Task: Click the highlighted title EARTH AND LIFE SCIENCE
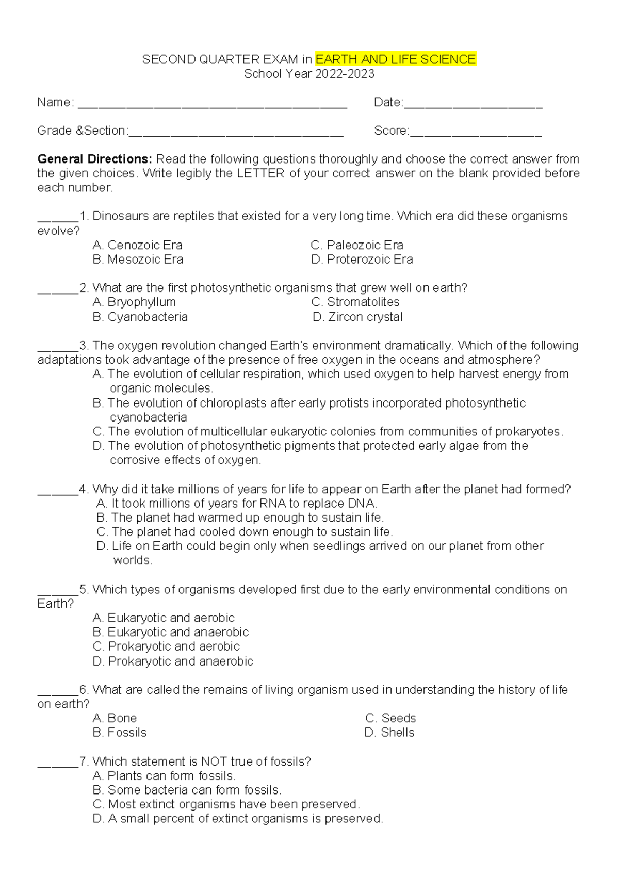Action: click(x=395, y=59)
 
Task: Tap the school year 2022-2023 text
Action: click(x=309, y=74)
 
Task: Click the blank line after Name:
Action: click(x=212, y=106)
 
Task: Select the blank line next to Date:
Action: click(x=473, y=106)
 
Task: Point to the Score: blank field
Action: click(x=475, y=134)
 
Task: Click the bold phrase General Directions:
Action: click(x=94, y=159)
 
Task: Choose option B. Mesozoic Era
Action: click(x=138, y=260)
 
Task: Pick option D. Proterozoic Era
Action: click(x=362, y=260)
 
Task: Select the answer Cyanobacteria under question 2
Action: click(x=140, y=317)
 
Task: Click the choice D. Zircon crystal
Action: click(x=357, y=317)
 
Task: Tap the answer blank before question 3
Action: click(x=58, y=349)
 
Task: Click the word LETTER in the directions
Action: click(x=260, y=173)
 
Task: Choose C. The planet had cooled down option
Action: click(x=245, y=532)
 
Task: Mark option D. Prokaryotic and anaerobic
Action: click(x=173, y=661)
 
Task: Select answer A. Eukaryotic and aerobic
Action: click(x=164, y=618)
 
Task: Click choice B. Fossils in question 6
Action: click(x=120, y=732)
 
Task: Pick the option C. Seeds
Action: click(x=390, y=718)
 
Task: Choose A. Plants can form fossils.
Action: click(x=164, y=775)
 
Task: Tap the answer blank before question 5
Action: click(x=58, y=593)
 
